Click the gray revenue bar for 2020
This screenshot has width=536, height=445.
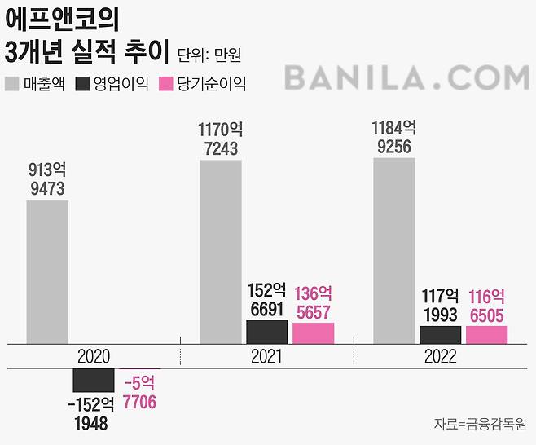47,271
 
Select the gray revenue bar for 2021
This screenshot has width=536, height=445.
221,251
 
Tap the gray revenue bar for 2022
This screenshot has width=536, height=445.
394,250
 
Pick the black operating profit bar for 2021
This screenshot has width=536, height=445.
266,332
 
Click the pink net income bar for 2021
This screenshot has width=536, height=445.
313,333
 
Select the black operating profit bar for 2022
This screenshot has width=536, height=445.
440,335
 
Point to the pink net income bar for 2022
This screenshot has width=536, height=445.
486,335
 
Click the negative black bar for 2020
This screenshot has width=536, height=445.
94,380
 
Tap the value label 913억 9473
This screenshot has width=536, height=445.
46,179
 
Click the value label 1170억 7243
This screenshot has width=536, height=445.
220,139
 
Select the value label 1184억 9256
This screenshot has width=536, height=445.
394,137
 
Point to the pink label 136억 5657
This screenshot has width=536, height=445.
313,302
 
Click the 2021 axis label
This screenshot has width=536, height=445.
266,357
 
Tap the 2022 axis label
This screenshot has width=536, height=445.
440,357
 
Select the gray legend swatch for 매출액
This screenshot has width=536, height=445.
12,84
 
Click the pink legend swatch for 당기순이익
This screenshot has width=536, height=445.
165,84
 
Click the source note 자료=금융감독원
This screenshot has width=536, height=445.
480,424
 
